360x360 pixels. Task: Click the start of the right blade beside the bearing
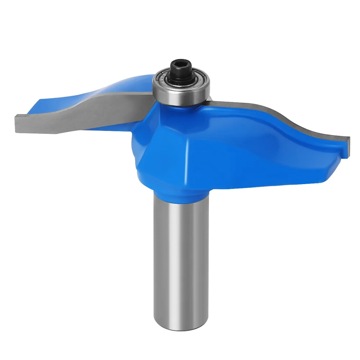coord(212,102)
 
